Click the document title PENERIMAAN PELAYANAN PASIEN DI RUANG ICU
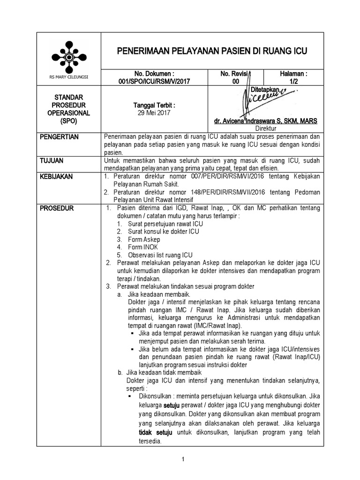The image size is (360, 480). (x=211, y=51)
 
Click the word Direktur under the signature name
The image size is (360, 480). (x=266, y=128)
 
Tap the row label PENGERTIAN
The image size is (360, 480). (x=60, y=137)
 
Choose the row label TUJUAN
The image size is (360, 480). (x=52, y=161)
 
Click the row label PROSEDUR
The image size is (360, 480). (x=56, y=208)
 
